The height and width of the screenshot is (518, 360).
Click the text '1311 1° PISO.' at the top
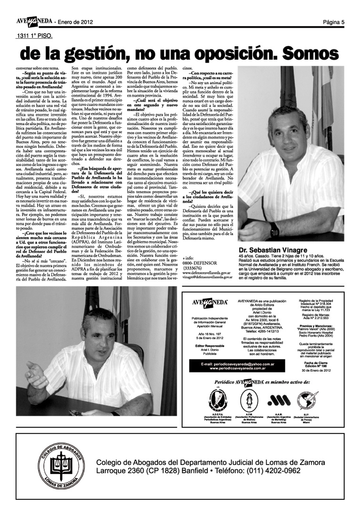click(x=34, y=35)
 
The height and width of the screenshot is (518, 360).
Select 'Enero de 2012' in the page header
click(x=75, y=22)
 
